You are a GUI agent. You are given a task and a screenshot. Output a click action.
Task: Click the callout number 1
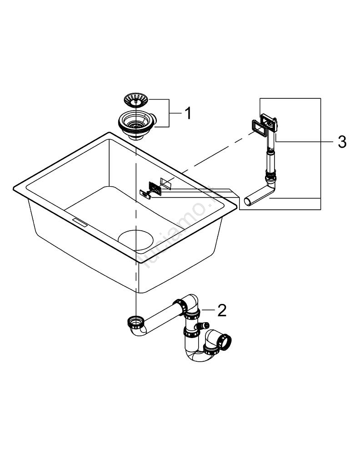pyautogui.click(x=187, y=113)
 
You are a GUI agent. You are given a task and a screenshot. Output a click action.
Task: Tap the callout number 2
pyautogui.click(x=221, y=310)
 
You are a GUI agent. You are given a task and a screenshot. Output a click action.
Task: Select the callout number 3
pyautogui.click(x=342, y=142)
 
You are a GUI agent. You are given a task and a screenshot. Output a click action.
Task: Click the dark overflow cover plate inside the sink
pyautogui.click(x=155, y=187)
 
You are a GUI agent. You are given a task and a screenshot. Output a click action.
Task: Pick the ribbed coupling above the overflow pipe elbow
pyautogui.click(x=269, y=173)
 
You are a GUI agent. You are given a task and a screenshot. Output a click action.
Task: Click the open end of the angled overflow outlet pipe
pyautogui.click(x=248, y=202)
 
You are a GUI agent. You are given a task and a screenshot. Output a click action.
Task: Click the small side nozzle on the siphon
pyautogui.click(x=205, y=326)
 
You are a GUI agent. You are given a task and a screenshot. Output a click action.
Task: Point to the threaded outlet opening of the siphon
pyautogui.click(x=225, y=340)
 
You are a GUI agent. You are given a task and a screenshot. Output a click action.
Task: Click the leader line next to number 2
pyautogui.click(x=208, y=310)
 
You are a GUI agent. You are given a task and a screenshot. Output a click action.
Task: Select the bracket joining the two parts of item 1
pyautogui.click(x=170, y=113)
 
